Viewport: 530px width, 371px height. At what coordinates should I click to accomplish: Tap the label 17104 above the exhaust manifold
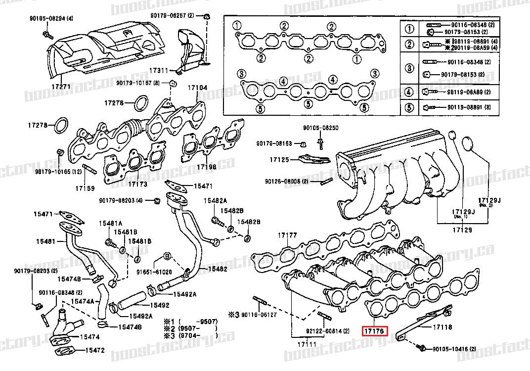pos(197,88)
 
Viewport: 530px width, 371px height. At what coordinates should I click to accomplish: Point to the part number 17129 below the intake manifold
pos(461,231)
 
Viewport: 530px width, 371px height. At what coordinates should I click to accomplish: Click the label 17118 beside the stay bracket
pos(443,327)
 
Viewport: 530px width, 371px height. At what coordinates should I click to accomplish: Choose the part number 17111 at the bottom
pos(306,343)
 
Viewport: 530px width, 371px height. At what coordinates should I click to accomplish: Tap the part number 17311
pos(160,71)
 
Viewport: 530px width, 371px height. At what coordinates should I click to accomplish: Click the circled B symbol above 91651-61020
pos(167,256)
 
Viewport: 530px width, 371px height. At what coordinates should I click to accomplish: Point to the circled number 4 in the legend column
pos(409,92)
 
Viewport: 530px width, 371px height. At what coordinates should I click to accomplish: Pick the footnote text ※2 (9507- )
pos(190,327)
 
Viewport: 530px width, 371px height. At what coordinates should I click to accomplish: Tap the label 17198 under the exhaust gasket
pos(207,167)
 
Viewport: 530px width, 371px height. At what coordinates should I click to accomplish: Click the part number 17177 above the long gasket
pos(287,235)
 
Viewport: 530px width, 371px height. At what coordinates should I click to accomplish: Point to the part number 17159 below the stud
pos(85,188)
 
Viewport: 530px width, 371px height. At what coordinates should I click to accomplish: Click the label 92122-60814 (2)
pos(321,331)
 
